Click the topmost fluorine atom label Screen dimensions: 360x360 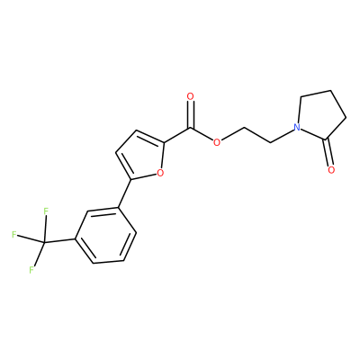pos(46,211)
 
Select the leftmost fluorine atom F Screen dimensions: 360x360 pos(13,234)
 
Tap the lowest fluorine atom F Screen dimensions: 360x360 pos(31,270)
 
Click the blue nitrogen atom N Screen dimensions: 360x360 pos(297,128)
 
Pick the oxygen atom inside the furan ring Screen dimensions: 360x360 pos(160,173)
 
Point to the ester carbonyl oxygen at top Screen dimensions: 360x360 pos(190,96)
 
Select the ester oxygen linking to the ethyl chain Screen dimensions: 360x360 pos(217,142)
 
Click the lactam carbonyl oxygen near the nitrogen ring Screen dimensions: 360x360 pos(331,170)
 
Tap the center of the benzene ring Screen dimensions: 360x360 pos(105,236)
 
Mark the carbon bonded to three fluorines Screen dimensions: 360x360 pos(44,242)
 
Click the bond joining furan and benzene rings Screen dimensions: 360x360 pos(124,193)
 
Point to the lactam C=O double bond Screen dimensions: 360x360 pos(328,152)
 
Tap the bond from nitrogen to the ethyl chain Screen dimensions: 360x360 pos(282,136)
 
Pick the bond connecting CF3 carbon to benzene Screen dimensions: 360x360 pos(59,240)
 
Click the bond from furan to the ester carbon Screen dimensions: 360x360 pos(177,135)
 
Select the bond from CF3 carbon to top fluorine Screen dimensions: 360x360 pos(45,229)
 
